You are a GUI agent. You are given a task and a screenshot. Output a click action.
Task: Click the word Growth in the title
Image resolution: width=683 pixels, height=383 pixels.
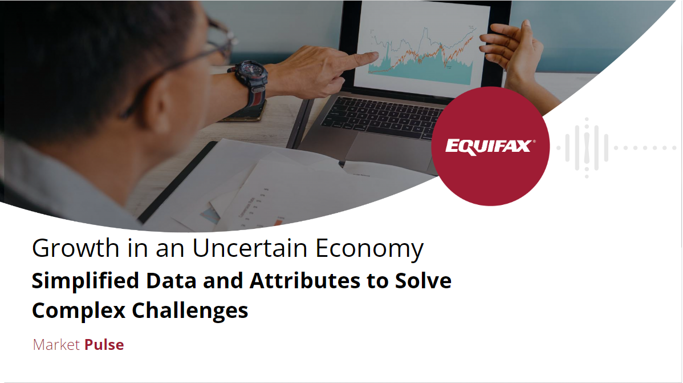point(75,249)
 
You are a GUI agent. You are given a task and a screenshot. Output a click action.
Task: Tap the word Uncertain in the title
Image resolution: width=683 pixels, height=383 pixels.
point(250,248)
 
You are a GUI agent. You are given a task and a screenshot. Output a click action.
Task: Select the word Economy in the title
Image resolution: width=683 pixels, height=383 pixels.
point(369,249)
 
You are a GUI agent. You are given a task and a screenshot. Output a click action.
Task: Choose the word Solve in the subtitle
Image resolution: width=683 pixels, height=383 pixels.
point(423,280)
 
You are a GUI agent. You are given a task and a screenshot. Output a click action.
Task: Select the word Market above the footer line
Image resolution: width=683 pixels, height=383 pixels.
point(56,345)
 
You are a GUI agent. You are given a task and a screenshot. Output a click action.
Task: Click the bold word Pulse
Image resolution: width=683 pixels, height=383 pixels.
point(104,345)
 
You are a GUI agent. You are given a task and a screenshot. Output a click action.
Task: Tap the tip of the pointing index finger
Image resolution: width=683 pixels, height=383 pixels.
point(377,55)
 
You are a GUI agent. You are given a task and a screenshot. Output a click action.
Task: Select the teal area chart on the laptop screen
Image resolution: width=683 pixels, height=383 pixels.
point(420,67)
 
